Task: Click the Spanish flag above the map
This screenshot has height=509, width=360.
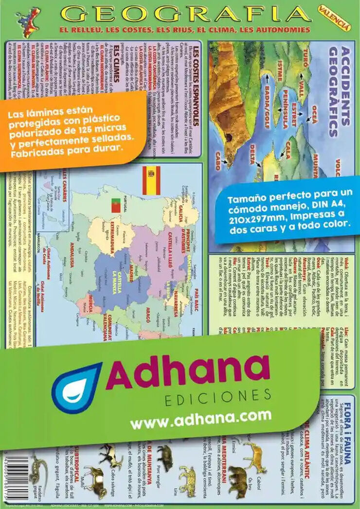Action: (x=151, y=176)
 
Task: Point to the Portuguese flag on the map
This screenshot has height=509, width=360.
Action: (x=116, y=206)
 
